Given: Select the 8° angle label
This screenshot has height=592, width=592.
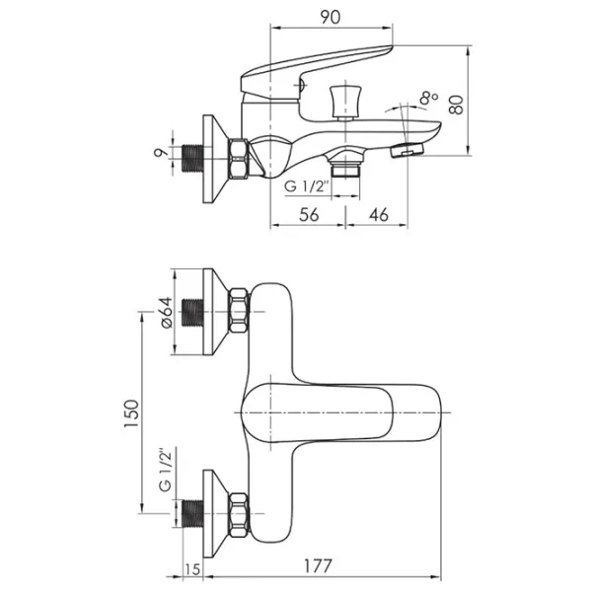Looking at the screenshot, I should click(427, 98).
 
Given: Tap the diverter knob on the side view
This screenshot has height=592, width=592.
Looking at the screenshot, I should click(344, 99).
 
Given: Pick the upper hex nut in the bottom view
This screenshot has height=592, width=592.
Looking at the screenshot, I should click(239, 311).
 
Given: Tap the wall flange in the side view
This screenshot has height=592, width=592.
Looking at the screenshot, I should click(214, 157).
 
